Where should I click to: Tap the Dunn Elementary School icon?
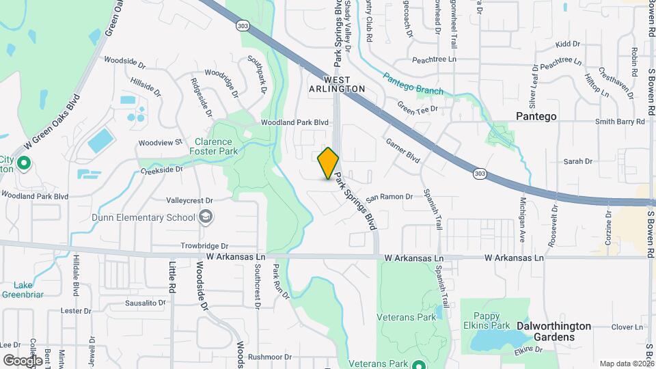205,218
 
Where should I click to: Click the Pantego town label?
536,116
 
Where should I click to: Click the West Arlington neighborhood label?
337,84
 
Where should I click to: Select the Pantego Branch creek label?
412,83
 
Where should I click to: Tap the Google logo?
23,360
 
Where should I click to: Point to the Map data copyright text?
627,364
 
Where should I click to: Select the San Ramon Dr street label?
389,197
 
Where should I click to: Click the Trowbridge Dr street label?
204,245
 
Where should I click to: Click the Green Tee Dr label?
418,108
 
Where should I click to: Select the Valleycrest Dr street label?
190,201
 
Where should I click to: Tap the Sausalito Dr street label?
146,302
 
